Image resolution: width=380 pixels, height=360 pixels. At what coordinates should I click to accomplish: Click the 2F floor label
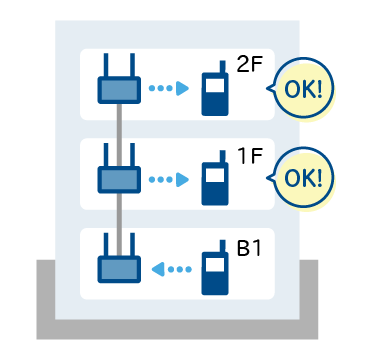point(250,64)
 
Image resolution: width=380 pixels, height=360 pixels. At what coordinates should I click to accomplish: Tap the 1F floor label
point(251,156)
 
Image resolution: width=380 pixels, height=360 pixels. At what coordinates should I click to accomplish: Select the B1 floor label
point(249,248)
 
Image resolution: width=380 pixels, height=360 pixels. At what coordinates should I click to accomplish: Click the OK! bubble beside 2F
point(303,88)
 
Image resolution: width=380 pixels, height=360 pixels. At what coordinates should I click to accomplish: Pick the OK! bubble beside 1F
point(303,178)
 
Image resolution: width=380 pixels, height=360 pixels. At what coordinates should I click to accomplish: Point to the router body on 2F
point(119,90)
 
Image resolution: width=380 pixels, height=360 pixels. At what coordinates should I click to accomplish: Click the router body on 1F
point(119,180)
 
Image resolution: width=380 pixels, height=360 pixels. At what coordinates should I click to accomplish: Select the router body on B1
point(119,269)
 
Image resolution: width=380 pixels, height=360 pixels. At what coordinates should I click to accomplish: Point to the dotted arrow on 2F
point(169,88)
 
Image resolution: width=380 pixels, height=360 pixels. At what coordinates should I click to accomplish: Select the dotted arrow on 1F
point(169,179)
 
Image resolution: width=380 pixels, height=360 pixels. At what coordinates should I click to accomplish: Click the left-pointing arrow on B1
point(172,269)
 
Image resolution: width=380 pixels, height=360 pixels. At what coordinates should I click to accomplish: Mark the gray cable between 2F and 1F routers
point(119,135)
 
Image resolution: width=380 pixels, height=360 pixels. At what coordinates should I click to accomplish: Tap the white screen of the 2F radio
point(215,86)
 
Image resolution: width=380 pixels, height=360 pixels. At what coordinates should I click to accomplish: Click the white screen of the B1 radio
point(215,265)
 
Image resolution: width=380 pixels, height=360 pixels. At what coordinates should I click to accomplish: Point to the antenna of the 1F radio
point(223,157)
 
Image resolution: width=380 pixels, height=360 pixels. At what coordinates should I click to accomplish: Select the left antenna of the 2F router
point(106,65)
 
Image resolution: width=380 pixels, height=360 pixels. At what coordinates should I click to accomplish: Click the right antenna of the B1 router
point(132,245)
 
